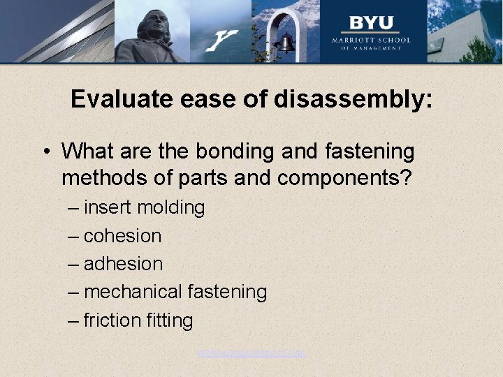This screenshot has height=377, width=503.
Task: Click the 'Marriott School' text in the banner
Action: pyautogui.click(x=371, y=40)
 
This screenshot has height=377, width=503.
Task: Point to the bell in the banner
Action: pyautogui.click(x=284, y=44)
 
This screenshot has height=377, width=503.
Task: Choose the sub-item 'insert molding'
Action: pyautogui.click(x=144, y=207)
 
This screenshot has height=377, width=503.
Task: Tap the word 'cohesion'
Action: pyautogui.click(x=122, y=236)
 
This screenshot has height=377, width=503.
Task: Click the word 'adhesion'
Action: pyautogui.click(x=123, y=264)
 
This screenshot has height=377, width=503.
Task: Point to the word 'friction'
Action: pyautogui.click(x=112, y=320)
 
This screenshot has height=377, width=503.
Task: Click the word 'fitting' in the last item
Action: pyautogui.click(x=170, y=320)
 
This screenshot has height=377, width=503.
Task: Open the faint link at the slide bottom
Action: pyautogui.click(x=251, y=353)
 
